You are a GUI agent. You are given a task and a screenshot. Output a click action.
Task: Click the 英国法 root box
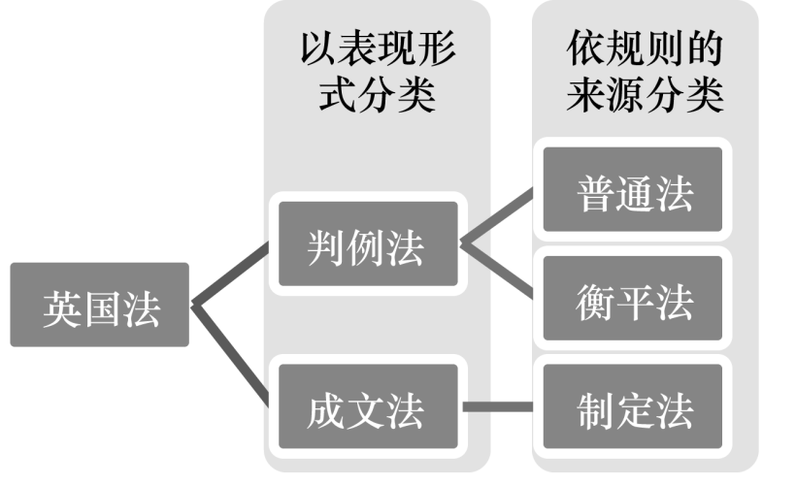[x=100, y=306]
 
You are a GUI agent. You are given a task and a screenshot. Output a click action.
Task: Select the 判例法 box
[x=367, y=244]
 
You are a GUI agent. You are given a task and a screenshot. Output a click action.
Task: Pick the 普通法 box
[x=633, y=190]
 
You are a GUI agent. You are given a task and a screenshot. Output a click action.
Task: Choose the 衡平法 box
[x=633, y=299]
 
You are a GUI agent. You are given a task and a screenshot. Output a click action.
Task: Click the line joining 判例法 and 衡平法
[x=499, y=272]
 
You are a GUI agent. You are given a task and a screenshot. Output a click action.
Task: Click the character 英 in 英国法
[x=59, y=306]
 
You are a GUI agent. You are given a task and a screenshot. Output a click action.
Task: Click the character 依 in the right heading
[x=586, y=47]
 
